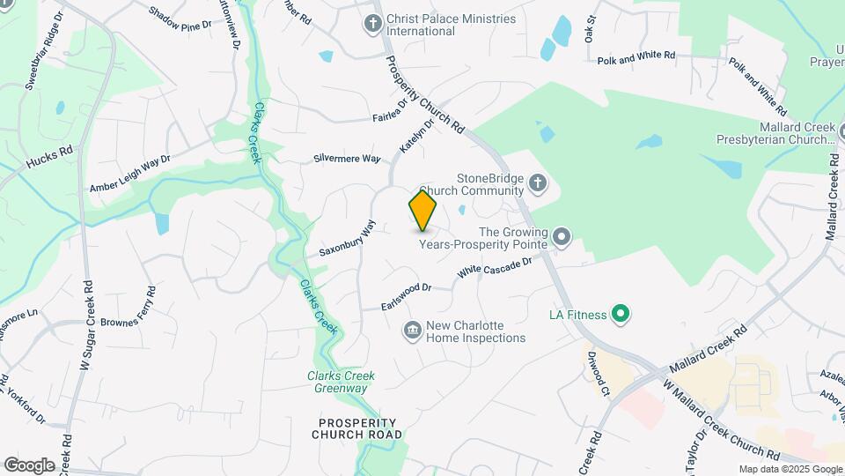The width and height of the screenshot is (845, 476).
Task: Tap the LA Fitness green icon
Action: (x=621, y=314)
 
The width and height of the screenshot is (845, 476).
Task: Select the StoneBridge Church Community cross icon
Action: (x=539, y=184)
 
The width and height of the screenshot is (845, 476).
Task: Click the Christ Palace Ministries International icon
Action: (x=372, y=24)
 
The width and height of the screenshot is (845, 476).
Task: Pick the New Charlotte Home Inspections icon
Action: (x=412, y=331)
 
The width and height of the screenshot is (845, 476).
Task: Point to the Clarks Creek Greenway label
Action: (x=341, y=382)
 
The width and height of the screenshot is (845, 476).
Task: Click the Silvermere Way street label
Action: (x=347, y=159)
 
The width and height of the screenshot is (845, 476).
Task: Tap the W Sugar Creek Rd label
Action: (x=88, y=325)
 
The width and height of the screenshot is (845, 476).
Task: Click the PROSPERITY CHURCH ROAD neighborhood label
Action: (x=357, y=428)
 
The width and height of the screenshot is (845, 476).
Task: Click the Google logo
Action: (x=29, y=465)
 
